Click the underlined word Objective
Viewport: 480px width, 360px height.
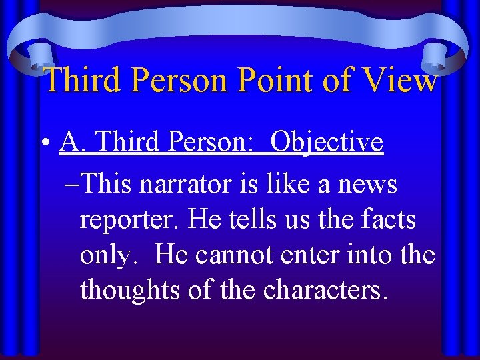(x=328, y=142)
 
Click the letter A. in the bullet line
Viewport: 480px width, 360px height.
(x=71, y=142)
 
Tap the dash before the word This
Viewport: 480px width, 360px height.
(x=77, y=185)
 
